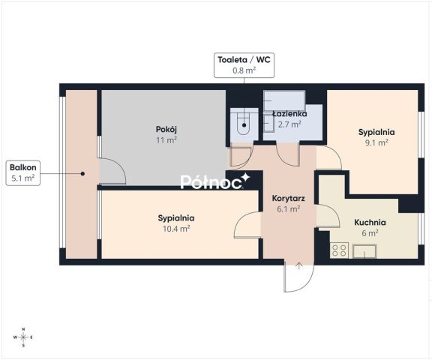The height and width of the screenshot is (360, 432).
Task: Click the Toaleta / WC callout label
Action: click(x=244, y=65)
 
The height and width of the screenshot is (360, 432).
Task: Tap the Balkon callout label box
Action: click(x=23, y=173)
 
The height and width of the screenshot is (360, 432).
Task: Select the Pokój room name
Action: click(x=166, y=129)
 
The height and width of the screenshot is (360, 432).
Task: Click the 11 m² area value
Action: click(x=166, y=140)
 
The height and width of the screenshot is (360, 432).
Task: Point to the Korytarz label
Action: click(x=288, y=198)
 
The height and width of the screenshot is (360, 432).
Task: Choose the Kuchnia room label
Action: click(x=370, y=222)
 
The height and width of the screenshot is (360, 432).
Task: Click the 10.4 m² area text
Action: click(x=176, y=229)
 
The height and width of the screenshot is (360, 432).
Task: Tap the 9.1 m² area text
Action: click(x=376, y=142)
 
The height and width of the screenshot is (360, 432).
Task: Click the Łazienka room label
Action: click(x=289, y=114)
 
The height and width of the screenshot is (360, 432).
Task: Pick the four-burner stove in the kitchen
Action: click(x=339, y=250)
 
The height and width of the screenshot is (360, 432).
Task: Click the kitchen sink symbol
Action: click(x=364, y=251)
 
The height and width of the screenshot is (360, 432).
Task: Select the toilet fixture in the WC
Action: click(x=244, y=123)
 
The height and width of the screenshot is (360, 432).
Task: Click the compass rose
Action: click(x=24, y=337)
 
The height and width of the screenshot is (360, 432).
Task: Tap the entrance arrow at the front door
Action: click(x=299, y=266)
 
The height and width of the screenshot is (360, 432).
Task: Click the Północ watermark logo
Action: click(x=215, y=181)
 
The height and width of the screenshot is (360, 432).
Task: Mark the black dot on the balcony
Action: click(x=82, y=174)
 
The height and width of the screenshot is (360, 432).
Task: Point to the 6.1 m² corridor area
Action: click(x=288, y=209)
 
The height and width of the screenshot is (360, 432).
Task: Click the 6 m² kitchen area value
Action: click(x=370, y=233)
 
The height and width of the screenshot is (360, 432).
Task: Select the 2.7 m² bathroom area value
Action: click(x=289, y=124)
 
